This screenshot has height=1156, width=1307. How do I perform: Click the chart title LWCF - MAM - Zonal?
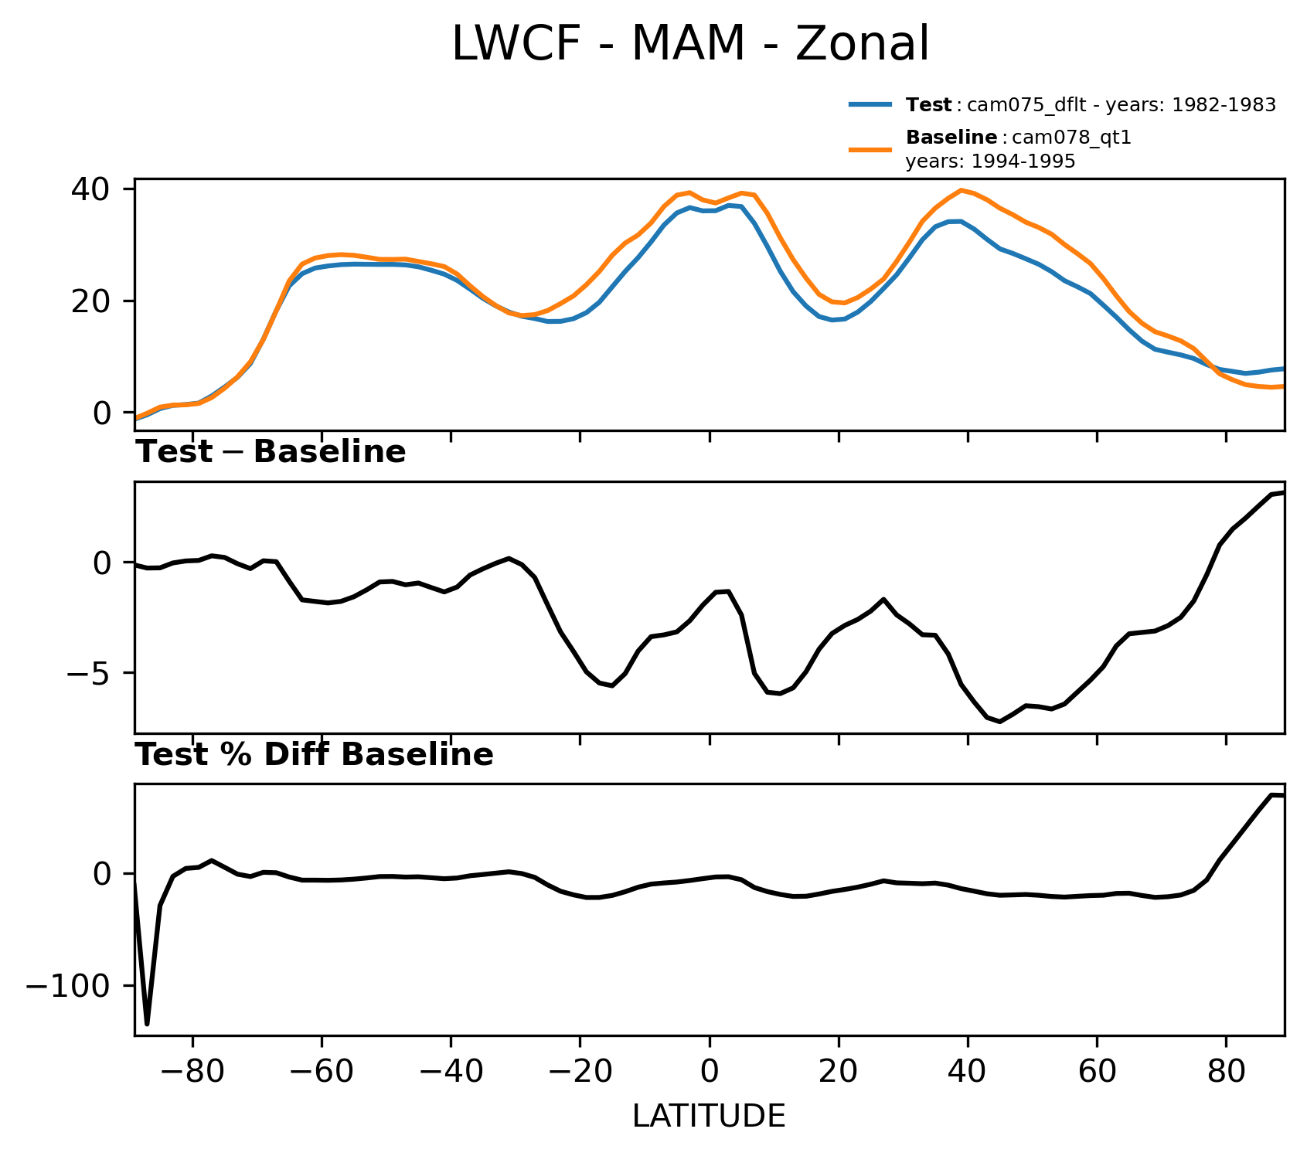689,44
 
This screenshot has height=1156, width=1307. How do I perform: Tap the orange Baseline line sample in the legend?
871,149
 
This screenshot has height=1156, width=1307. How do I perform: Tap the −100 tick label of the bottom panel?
71,987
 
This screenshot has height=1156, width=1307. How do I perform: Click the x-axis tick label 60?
1097,1074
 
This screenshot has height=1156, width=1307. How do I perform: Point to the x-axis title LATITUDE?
709,1117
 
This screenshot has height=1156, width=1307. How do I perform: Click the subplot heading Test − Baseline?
271,452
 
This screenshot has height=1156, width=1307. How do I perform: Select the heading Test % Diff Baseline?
315,755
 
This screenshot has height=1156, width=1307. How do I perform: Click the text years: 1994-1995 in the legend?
990,162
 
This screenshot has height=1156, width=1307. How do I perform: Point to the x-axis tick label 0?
709,1074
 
